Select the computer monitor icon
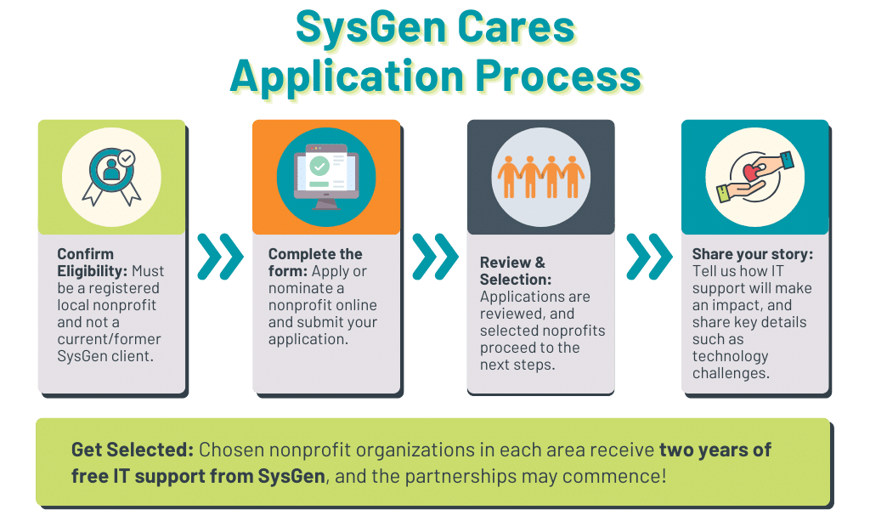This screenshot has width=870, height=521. (325, 177)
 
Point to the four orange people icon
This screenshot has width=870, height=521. (540, 176)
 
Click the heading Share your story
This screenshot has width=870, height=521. (753, 254)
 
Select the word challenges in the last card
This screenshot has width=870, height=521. (730, 373)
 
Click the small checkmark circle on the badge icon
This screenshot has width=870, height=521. (126, 157)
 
